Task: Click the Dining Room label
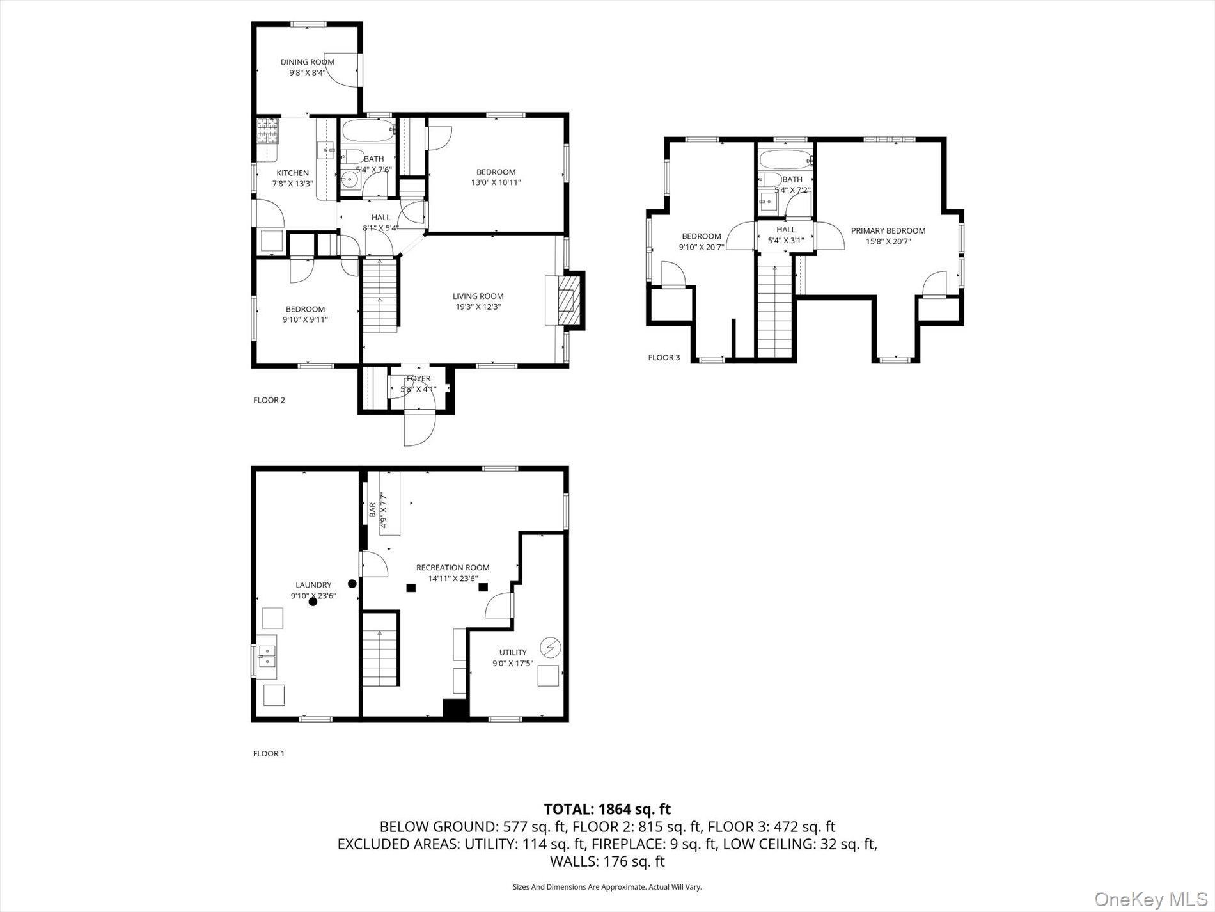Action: [308, 62]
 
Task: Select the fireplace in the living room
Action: [565, 300]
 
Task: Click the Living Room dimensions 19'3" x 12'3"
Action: [478, 307]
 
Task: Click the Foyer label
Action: [418, 379]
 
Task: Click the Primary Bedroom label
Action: [888, 231]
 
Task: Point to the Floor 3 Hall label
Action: [786, 230]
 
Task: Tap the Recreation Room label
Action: [453, 568]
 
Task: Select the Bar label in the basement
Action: [372, 510]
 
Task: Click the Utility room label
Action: [513, 653]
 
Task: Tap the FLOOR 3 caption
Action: [664, 358]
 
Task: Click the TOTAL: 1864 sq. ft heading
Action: [607, 810]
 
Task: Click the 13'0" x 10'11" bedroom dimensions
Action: [496, 182]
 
